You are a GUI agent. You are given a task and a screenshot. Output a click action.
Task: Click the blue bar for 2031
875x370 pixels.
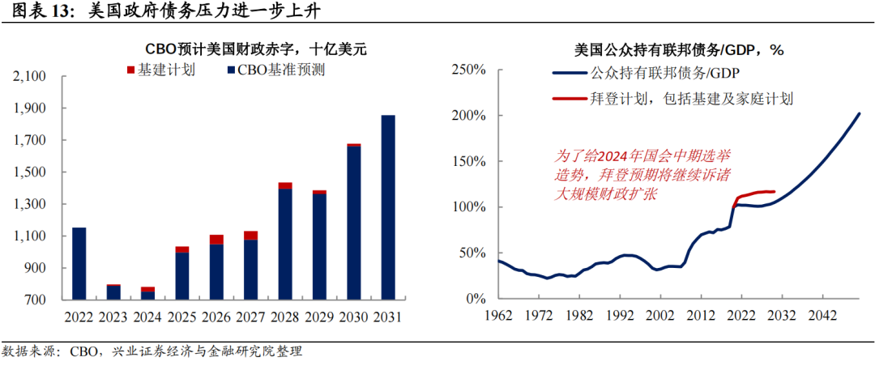(389, 207)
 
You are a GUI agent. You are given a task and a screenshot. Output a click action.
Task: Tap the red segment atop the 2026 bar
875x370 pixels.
(216, 240)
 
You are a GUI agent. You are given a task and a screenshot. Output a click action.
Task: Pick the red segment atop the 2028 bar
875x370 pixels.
(285, 186)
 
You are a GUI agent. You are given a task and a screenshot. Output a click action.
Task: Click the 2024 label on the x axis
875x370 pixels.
(147, 317)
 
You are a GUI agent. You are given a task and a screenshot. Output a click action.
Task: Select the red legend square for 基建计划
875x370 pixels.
(131, 70)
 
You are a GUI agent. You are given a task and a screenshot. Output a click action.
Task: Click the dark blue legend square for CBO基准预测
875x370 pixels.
(232, 70)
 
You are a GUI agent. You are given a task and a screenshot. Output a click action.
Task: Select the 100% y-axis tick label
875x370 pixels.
(468, 207)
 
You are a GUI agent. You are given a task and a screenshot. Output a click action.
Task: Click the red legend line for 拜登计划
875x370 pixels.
(570, 99)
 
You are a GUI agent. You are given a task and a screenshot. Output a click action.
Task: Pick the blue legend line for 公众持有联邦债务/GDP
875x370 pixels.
(570, 74)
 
